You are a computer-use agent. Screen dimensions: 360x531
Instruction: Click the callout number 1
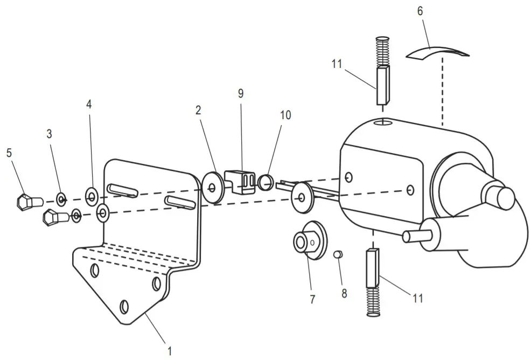(x=169, y=351)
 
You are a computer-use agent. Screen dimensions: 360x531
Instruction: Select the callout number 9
(x=241, y=93)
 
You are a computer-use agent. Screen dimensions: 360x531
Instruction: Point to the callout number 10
(x=285, y=115)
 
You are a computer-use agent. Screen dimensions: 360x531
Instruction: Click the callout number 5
(x=9, y=153)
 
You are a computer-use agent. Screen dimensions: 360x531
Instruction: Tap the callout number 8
(x=344, y=294)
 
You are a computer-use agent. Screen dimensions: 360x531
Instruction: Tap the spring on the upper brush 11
(x=382, y=51)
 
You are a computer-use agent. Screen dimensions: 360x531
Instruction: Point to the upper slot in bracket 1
(x=123, y=189)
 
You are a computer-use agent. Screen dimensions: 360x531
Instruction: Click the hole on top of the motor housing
(x=383, y=123)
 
